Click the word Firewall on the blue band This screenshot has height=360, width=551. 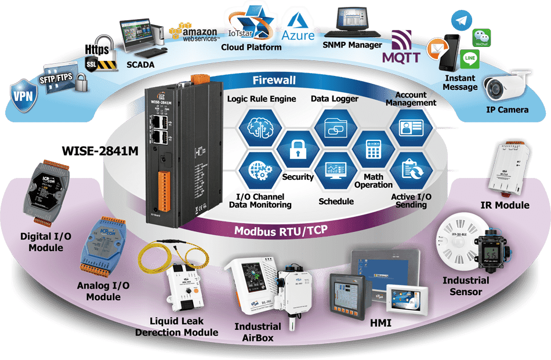274,80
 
